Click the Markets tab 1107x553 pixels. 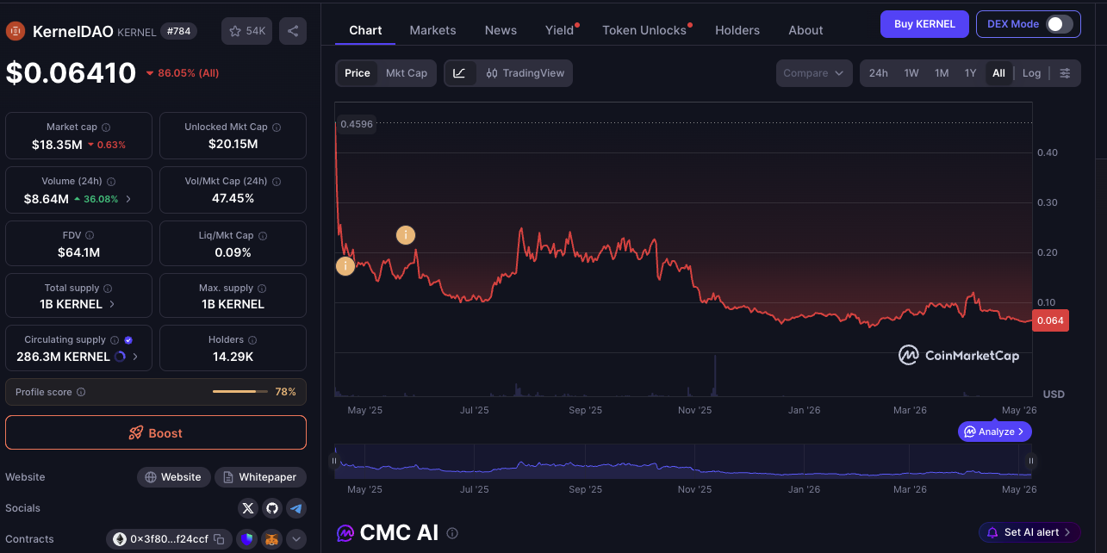point(432,30)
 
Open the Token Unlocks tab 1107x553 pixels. point(644,30)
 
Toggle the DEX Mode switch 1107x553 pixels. point(1059,24)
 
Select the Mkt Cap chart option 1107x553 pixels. point(407,73)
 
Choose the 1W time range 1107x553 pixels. point(911,73)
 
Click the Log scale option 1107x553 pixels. point(1031,73)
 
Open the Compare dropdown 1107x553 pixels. point(814,73)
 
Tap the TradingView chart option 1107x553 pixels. point(525,73)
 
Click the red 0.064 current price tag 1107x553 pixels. point(1050,320)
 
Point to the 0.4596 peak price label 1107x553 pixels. point(357,124)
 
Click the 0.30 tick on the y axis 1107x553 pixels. point(1048,202)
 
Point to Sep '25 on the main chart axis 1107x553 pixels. point(585,410)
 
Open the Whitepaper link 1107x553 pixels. point(260,477)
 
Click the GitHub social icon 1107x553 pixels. point(272,508)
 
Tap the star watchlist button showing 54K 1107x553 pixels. point(246,31)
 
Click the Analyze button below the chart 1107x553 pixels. point(994,432)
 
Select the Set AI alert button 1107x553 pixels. point(1029,532)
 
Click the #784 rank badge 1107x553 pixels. point(178,31)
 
